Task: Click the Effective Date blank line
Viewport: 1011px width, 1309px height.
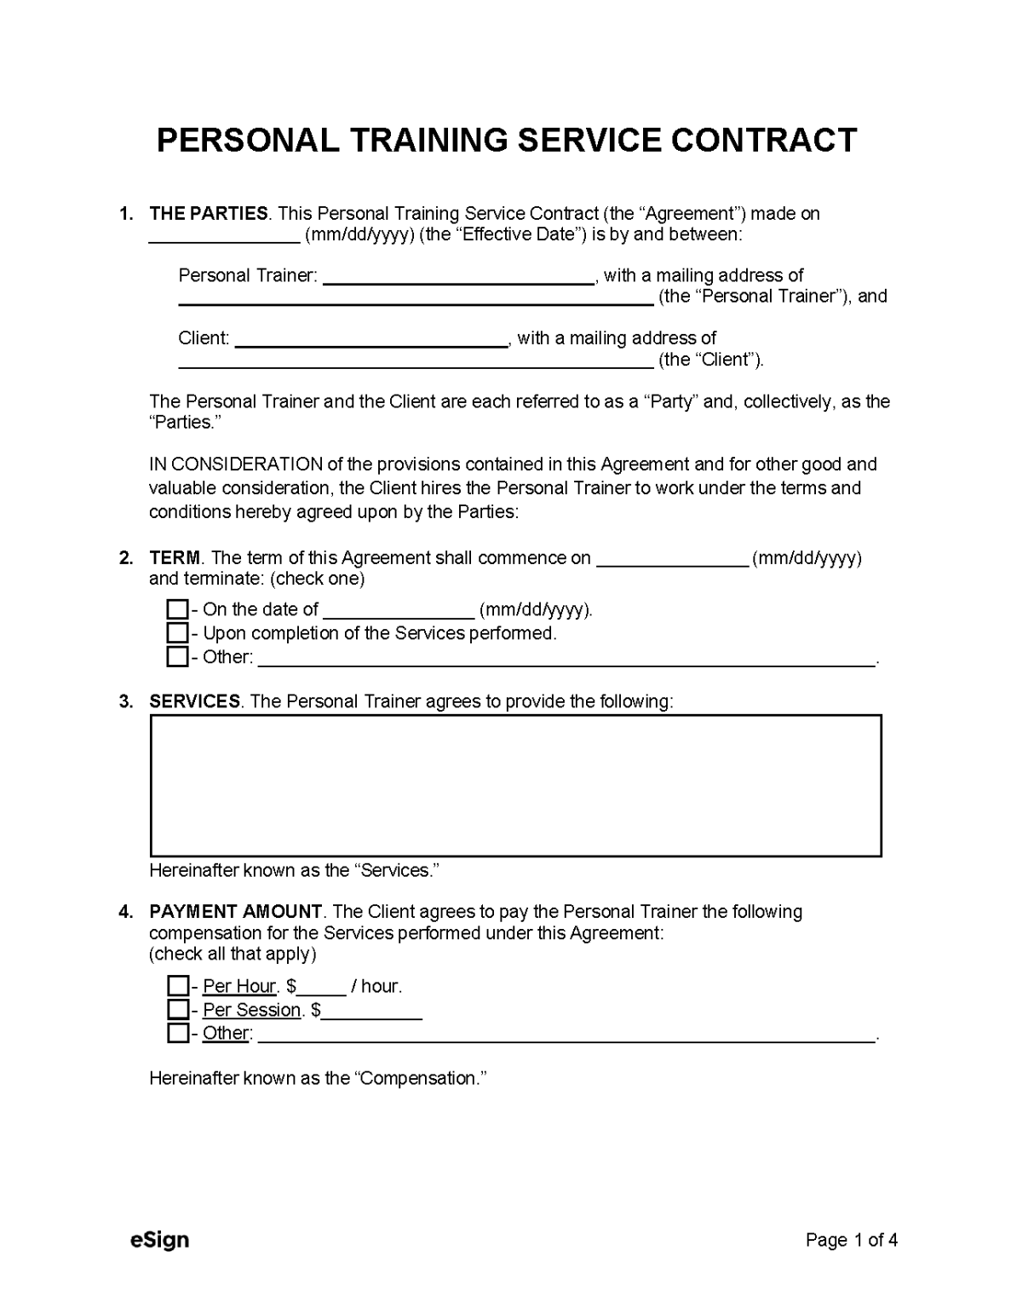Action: coord(224,235)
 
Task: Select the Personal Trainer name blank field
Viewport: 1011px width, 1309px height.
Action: coord(458,275)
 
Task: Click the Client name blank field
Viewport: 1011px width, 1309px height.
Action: coord(371,338)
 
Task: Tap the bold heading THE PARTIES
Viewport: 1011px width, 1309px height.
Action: coord(209,214)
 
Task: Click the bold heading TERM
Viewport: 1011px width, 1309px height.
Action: coord(175,558)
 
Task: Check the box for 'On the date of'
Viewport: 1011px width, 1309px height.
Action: coord(177,609)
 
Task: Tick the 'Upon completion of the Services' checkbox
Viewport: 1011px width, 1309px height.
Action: coord(177,633)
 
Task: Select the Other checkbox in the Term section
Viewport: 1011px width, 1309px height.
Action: coord(177,657)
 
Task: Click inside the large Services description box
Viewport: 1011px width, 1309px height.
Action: coord(515,785)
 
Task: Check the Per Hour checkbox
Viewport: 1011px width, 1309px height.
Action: coord(177,986)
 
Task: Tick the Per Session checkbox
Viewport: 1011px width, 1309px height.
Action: coord(177,1010)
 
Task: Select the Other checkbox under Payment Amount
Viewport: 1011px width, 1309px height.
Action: coord(177,1033)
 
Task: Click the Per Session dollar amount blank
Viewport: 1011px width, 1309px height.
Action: coord(371,1011)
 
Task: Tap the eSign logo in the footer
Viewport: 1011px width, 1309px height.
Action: coord(159,1240)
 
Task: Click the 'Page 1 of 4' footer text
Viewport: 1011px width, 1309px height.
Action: coord(851,1240)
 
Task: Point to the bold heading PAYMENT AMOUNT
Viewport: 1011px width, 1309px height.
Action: coord(235,912)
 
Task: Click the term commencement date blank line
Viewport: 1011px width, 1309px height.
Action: coord(672,559)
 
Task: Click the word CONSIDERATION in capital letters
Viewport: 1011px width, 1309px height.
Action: coord(246,464)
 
